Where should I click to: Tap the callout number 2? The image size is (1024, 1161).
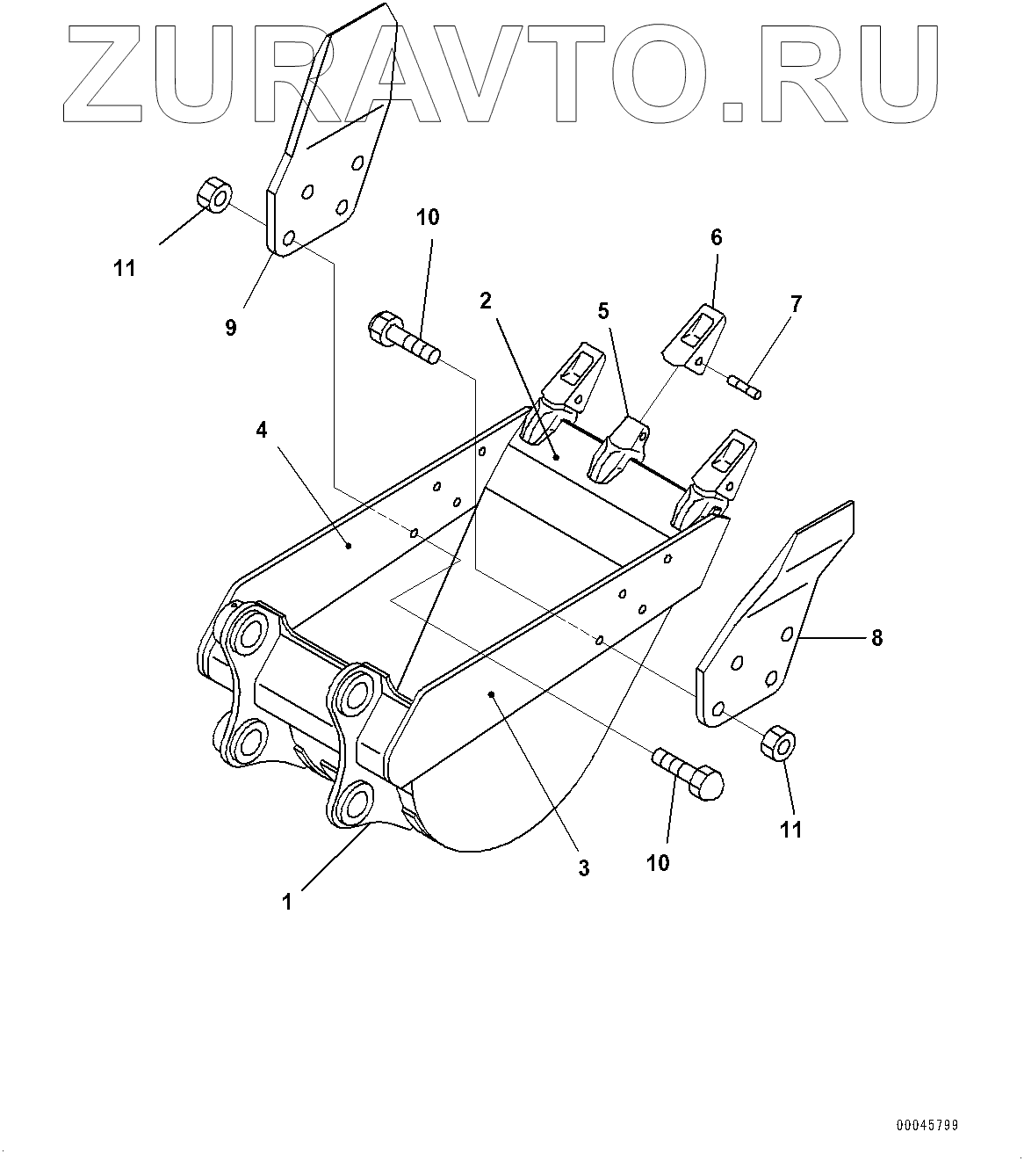(486, 301)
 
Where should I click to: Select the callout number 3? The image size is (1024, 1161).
(583, 867)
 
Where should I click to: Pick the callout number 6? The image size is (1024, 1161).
(716, 236)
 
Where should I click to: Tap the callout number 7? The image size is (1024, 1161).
(796, 305)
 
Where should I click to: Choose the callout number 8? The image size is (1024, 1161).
(876, 637)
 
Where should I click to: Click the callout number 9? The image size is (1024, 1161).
(230, 328)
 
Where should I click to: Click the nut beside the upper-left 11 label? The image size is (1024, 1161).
(213, 195)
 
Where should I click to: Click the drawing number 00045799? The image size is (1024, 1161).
(927, 1125)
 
